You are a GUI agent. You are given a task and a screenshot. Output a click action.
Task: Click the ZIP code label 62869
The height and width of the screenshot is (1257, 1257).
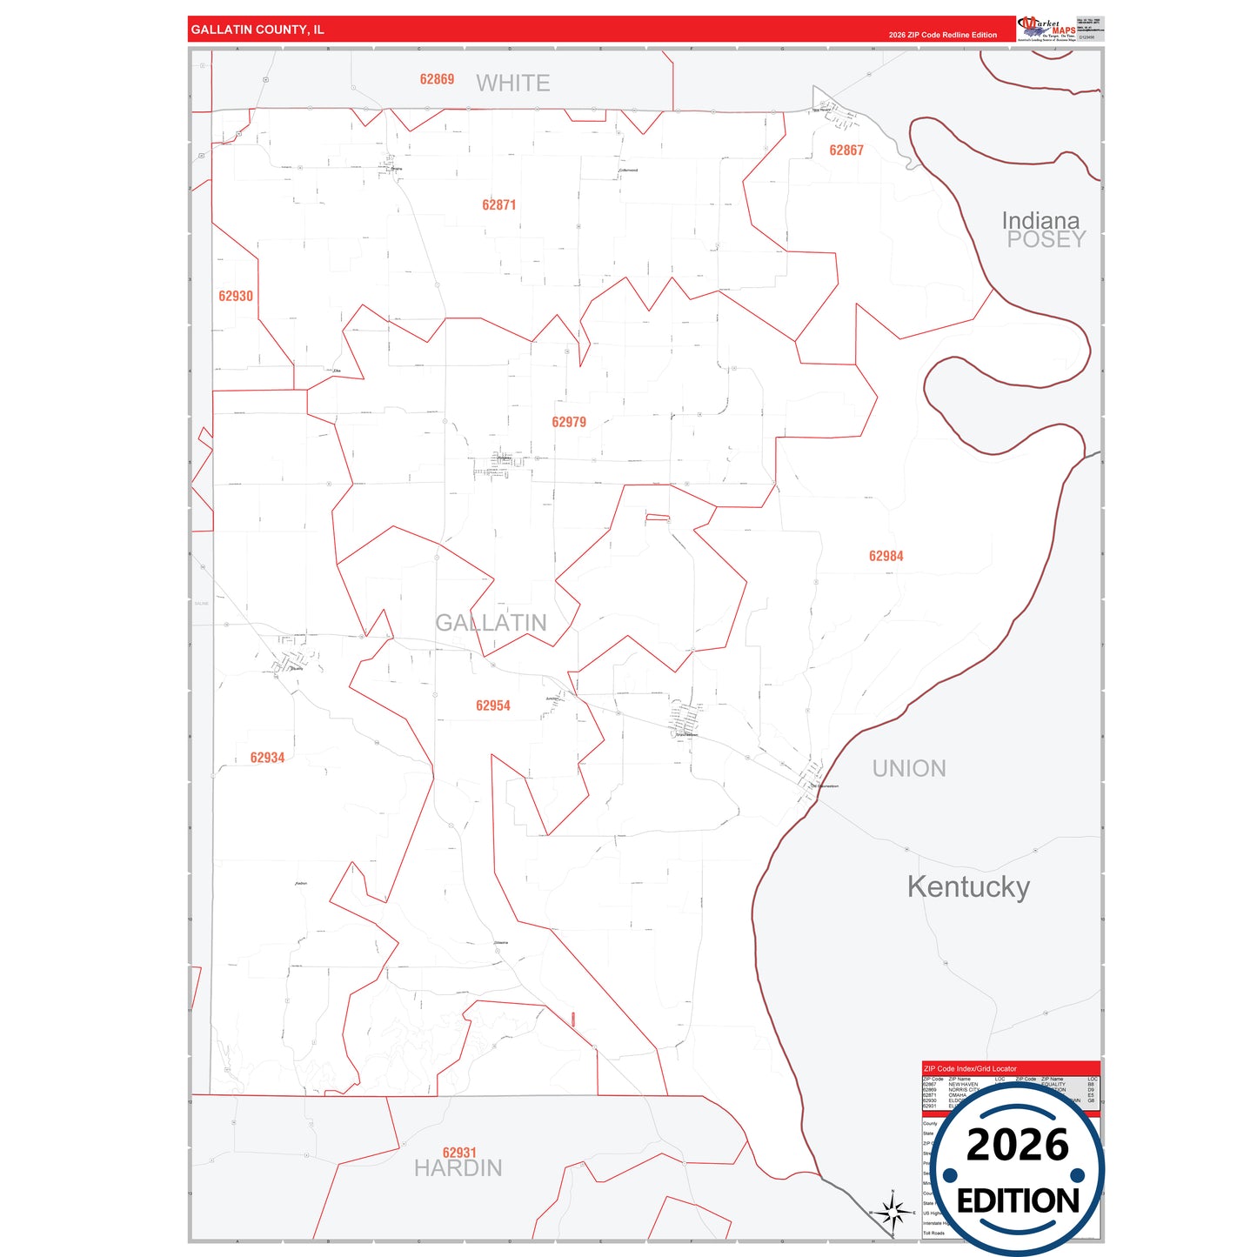coord(437,79)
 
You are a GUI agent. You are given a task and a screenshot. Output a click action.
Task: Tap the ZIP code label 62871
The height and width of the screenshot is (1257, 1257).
coord(499,205)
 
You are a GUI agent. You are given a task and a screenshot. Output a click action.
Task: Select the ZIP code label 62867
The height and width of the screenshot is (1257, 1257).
coord(846,150)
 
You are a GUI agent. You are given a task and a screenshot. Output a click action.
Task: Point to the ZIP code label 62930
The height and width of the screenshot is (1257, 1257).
coord(236,296)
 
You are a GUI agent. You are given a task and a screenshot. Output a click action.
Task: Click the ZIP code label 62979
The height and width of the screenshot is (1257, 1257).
coord(569,422)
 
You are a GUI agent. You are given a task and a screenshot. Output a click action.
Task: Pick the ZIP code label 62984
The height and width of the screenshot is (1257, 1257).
coord(886,556)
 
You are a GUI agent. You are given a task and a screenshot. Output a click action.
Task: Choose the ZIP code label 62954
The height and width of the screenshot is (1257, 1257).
coord(493,705)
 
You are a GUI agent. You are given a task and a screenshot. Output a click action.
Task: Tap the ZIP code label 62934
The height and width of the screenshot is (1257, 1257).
coord(267,758)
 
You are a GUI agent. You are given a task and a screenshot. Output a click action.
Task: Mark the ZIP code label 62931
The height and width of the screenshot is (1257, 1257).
coord(459,1153)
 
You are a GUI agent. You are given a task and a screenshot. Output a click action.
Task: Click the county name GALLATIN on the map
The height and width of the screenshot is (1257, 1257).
coord(491,623)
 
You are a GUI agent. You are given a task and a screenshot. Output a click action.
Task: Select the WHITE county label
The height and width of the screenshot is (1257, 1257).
coord(513,84)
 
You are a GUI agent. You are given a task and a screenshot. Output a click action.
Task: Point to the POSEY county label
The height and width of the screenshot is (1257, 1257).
coord(1046,240)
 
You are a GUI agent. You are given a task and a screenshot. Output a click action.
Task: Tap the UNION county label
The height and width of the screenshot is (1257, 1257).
coord(909,769)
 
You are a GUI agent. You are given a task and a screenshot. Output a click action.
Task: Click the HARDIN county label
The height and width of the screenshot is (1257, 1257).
coord(458,1168)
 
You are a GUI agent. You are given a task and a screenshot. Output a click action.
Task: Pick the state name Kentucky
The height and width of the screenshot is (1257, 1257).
coord(968,886)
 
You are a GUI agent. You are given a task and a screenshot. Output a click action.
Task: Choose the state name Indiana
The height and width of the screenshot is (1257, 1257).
coord(1040,220)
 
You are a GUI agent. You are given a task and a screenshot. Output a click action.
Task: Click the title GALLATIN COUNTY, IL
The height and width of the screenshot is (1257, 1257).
coord(257,30)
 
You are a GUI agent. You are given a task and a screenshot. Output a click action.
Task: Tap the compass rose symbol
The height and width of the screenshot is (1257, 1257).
coord(893,1211)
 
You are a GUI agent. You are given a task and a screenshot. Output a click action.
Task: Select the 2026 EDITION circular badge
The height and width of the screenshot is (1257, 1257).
coord(1018,1170)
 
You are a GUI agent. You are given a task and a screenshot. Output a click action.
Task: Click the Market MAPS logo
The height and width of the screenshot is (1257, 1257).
coord(1046,29)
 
